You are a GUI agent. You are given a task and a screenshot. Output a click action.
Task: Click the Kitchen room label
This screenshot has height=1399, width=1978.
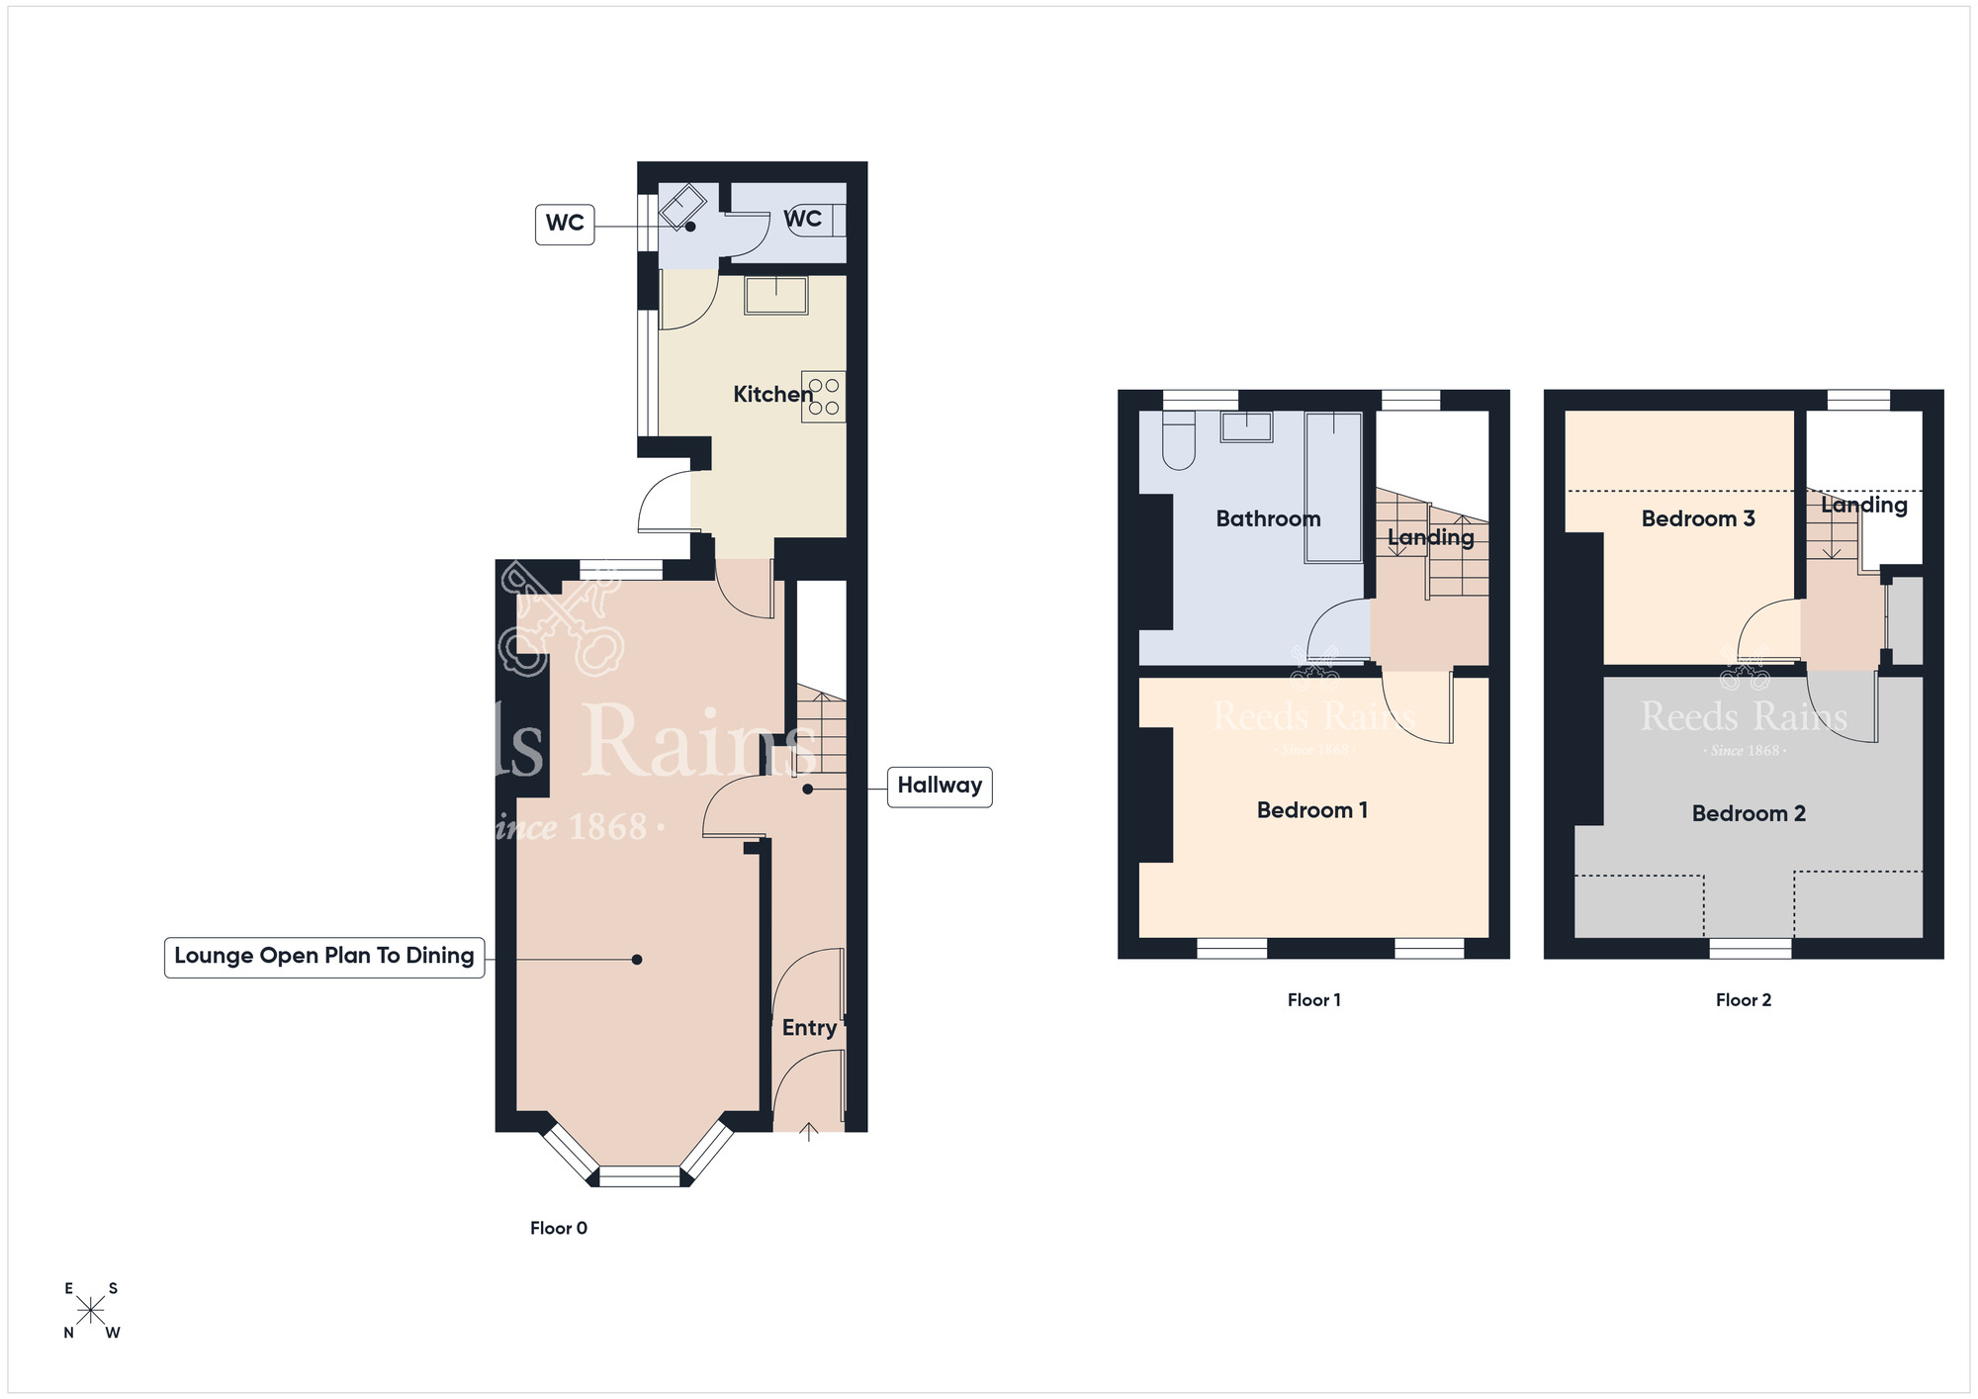(x=772, y=395)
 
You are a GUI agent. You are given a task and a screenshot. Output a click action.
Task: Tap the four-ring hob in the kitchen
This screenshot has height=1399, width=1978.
(x=824, y=397)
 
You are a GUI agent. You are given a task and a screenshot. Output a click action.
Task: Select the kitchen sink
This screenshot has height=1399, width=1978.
(x=776, y=295)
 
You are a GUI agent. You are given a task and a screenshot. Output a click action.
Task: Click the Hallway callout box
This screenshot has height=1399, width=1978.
(x=940, y=787)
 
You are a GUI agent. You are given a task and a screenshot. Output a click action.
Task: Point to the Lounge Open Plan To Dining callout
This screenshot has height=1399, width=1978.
(x=324, y=957)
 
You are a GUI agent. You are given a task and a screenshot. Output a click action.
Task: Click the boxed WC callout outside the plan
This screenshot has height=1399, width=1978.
(x=565, y=224)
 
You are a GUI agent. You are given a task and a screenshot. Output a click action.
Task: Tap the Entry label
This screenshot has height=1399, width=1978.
(x=809, y=1028)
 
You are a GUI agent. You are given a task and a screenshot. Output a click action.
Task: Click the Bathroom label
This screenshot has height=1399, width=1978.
(x=1268, y=518)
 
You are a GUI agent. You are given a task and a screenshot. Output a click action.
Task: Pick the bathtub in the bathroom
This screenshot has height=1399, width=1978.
(x=1333, y=488)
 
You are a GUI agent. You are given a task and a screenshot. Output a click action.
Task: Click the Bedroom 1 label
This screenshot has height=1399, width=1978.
(x=1311, y=810)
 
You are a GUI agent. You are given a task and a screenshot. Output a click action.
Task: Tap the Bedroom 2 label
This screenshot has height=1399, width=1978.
(x=1749, y=813)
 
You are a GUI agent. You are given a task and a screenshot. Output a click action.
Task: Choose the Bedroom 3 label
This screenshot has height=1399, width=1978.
(x=1698, y=518)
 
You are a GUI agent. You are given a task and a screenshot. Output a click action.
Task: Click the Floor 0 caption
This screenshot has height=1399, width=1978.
(x=559, y=1228)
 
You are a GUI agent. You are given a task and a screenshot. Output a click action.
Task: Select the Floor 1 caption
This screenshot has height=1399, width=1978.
(x=1313, y=1000)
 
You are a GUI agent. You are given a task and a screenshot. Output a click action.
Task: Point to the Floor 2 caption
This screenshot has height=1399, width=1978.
(x=1744, y=1000)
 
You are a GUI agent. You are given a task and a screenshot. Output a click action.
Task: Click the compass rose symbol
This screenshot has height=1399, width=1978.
(x=91, y=1311)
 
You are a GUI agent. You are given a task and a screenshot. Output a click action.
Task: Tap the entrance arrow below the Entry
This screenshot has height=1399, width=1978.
(x=809, y=1132)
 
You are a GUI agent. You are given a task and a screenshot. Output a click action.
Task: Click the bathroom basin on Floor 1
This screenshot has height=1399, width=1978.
(x=1246, y=426)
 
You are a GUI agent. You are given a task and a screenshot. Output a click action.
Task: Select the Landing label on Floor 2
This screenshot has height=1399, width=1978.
(x=1864, y=505)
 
